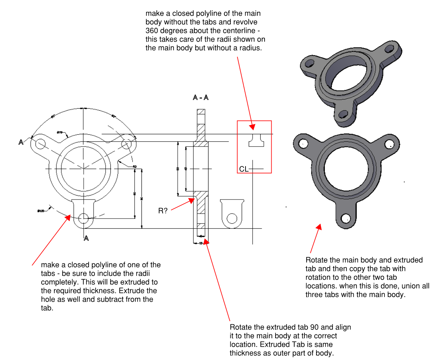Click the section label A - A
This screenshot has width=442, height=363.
[200, 97]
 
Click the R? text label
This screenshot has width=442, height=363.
[163, 211]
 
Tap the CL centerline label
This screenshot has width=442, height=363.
[243, 169]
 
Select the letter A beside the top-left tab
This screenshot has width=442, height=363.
[21, 142]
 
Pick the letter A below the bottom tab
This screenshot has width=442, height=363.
[86, 238]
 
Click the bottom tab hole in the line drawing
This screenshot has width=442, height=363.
[83, 219]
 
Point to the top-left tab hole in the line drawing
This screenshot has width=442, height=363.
[40, 143]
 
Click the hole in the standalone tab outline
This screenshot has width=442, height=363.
[232, 219]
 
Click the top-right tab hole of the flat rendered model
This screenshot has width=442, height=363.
[389, 144]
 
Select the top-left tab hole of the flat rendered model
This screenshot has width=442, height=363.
[303, 143]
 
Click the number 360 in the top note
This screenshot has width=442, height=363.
[152, 31]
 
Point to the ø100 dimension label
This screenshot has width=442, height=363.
[41, 211]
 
